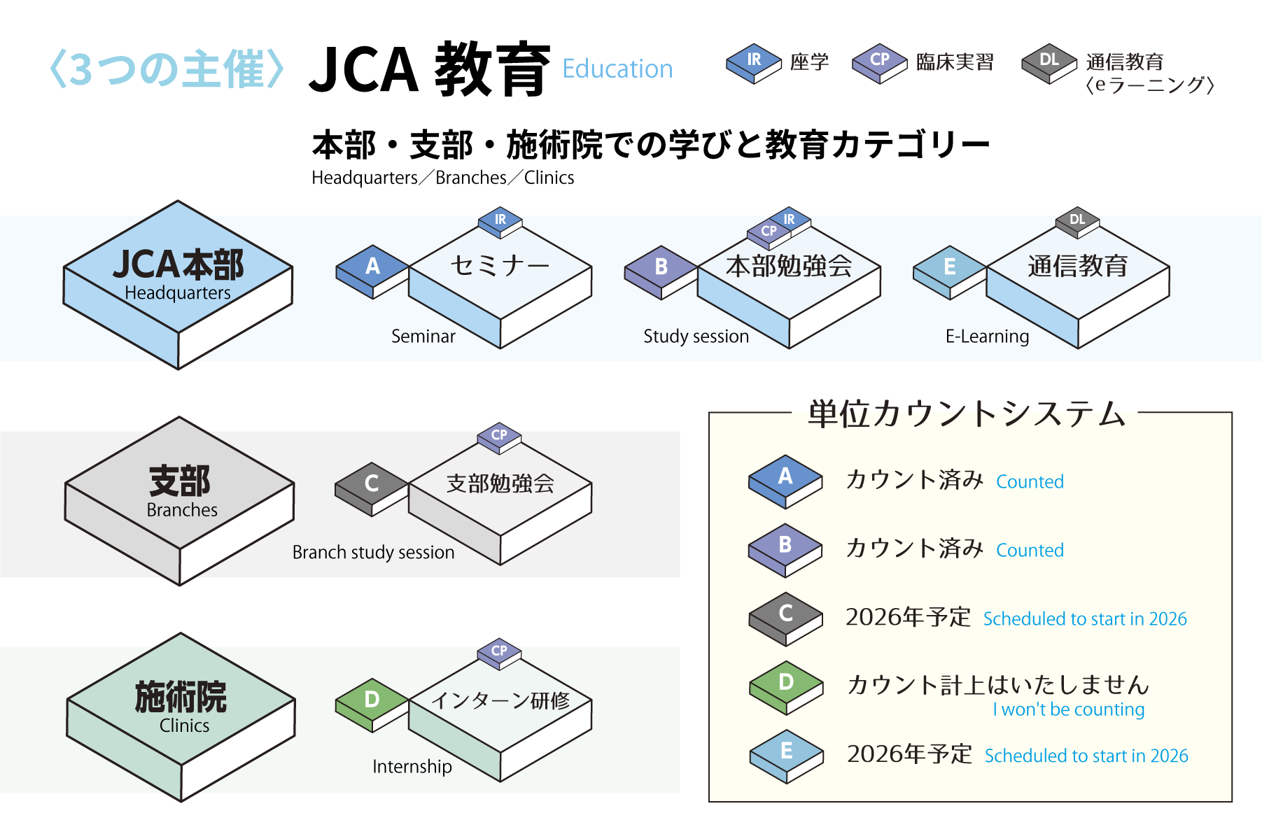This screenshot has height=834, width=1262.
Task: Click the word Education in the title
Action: (617, 69)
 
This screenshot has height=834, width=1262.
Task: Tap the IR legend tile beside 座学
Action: (753, 62)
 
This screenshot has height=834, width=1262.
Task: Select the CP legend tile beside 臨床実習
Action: (879, 62)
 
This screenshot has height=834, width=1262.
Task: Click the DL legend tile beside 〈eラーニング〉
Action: (1049, 62)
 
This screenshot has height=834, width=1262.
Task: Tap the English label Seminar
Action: (423, 337)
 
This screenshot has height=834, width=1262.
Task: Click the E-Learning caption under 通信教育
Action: (987, 337)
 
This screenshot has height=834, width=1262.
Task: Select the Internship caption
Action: (412, 767)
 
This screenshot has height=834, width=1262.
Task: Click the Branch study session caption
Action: (373, 552)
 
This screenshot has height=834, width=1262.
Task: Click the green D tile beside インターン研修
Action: (372, 702)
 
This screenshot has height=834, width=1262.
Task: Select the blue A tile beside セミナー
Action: (372, 269)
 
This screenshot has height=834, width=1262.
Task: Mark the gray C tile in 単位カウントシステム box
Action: (785, 616)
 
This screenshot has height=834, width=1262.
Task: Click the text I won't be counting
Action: (1068, 709)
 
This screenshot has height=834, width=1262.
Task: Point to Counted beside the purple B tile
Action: (1030, 551)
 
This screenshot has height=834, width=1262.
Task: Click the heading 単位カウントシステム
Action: (966, 414)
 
